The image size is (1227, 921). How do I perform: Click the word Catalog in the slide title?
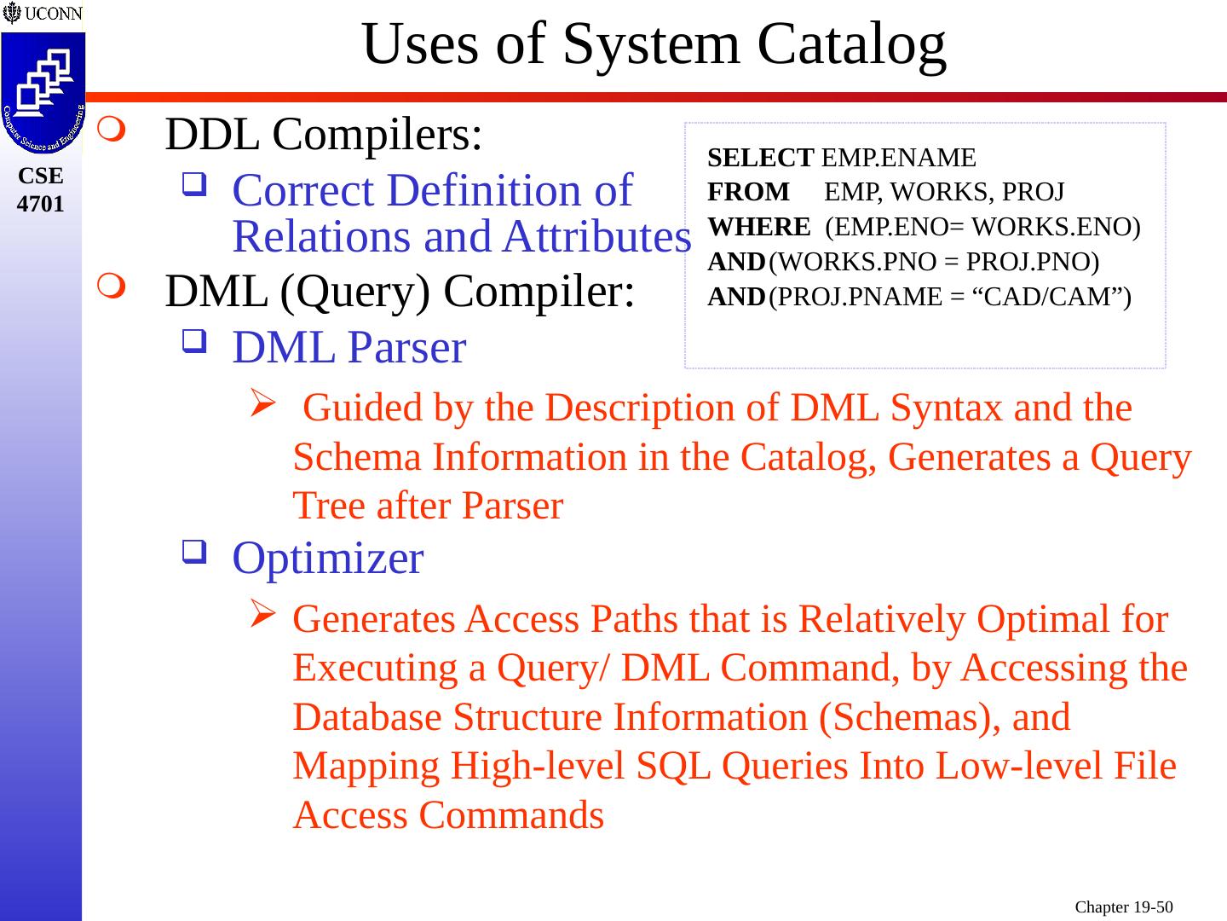tap(851, 44)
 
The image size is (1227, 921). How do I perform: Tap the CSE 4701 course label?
tap(40, 189)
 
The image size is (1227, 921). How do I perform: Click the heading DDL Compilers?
tap(324, 134)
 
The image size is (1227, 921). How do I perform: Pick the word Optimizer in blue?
tap(327, 559)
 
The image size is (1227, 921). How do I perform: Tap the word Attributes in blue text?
tap(596, 237)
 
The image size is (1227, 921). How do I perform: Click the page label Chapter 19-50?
tap(1124, 907)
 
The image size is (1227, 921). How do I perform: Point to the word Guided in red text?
tap(362, 408)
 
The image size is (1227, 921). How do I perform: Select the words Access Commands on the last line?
tap(448, 815)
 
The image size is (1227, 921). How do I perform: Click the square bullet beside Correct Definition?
tap(193, 182)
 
